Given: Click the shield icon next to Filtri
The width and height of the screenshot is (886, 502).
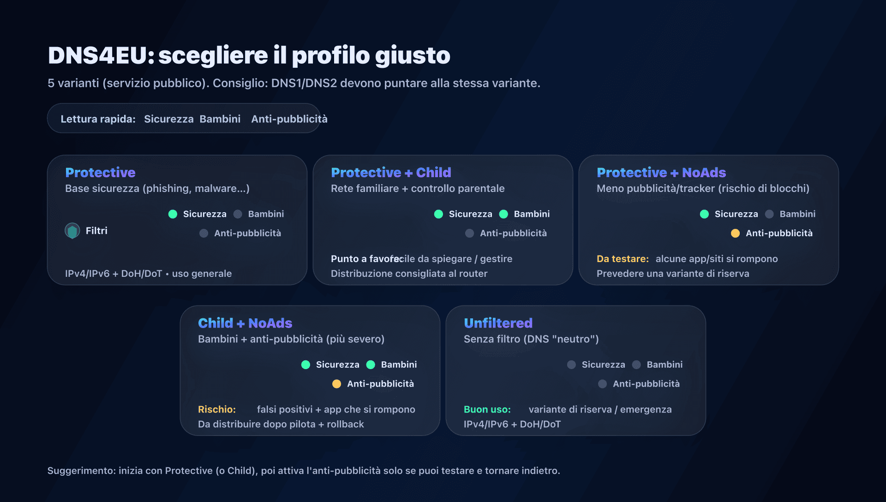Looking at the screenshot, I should click(x=72, y=231).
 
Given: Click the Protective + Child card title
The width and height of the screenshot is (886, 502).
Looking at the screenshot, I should click(x=391, y=173).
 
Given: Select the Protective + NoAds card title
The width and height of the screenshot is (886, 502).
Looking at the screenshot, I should click(x=661, y=173).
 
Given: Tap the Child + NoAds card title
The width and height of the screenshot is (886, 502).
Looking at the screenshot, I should click(x=245, y=323).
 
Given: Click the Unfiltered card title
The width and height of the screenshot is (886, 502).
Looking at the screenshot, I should click(x=498, y=323).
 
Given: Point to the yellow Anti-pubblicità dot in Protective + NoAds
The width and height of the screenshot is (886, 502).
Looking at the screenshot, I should click(x=735, y=233).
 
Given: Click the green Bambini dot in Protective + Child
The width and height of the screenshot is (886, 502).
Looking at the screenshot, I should click(x=504, y=214).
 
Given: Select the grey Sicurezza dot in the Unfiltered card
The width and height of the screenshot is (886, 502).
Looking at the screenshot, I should click(x=571, y=365).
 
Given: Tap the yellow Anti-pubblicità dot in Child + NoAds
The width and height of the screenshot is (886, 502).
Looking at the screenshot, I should click(x=336, y=384).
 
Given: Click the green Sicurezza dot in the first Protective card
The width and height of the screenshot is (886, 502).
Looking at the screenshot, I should click(x=173, y=214).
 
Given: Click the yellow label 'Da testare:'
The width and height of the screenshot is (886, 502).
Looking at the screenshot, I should click(x=623, y=259).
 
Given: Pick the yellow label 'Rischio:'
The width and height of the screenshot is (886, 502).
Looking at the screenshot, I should click(x=217, y=409).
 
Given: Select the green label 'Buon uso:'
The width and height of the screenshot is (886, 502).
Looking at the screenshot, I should click(x=487, y=409).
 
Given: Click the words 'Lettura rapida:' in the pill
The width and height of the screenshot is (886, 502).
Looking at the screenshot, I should click(x=98, y=119).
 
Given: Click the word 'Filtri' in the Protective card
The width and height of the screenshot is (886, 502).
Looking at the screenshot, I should click(x=96, y=231).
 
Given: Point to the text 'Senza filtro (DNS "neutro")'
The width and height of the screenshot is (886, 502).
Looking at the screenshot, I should click(x=531, y=339).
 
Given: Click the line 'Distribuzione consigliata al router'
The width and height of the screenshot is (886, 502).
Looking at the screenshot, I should click(x=409, y=274).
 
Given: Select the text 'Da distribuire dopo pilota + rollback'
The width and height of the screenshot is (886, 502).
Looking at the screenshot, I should click(x=281, y=424).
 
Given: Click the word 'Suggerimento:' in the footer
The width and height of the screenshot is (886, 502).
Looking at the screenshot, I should click(x=82, y=471).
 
